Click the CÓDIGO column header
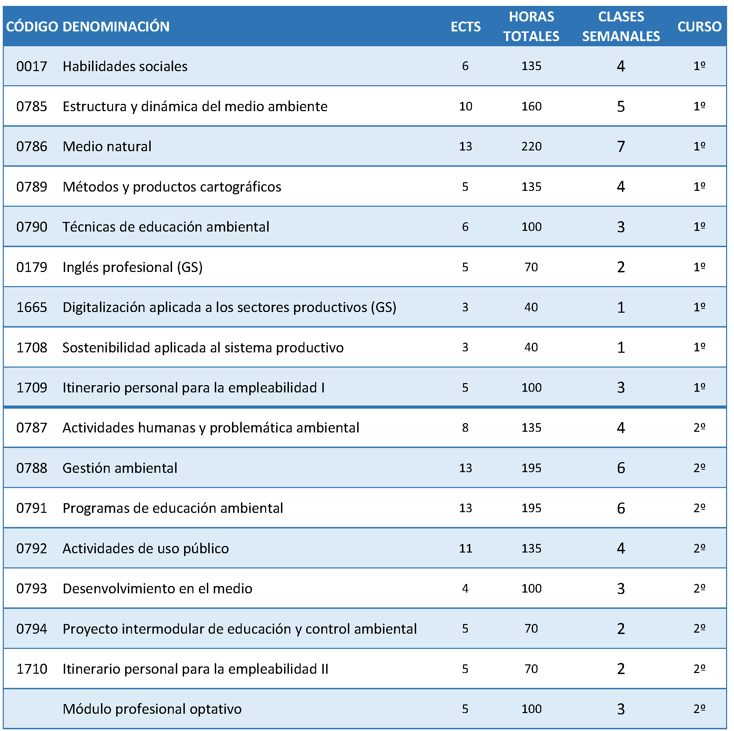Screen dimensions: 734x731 click(32, 27)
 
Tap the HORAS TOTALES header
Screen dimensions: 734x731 click(531, 26)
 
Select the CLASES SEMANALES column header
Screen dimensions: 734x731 click(621, 26)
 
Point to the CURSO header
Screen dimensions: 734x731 click(700, 27)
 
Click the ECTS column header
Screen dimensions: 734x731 click(465, 27)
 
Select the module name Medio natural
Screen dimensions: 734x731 click(107, 146)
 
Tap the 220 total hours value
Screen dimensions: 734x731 click(531, 146)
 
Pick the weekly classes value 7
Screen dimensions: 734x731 click(621, 146)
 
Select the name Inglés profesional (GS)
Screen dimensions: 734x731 click(133, 267)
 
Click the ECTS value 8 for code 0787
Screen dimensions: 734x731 click(465, 428)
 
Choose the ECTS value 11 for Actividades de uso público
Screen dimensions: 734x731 click(465, 548)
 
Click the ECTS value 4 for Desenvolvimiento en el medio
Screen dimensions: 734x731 click(465, 589)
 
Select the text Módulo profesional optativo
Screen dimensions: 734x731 click(152, 709)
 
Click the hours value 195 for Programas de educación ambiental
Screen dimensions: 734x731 click(531, 508)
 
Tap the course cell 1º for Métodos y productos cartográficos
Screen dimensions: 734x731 click(700, 187)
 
